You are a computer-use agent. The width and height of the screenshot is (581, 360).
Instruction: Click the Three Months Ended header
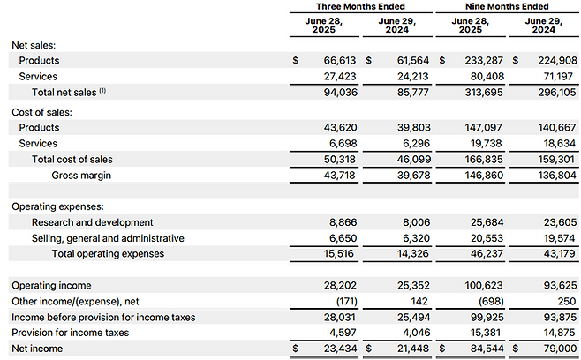coord(360,6)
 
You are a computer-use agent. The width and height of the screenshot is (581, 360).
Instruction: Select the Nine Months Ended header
coord(507,6)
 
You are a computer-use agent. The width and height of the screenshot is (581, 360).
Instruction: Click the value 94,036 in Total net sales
coord(341,93)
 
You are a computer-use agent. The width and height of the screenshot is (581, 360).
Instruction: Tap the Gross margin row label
coord(81,176)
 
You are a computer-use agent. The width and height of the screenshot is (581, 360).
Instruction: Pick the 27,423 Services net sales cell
coord(340,76)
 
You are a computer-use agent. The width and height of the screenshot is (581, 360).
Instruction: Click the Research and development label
coord(92,222)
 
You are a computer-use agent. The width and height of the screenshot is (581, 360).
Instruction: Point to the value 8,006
coord(417,222)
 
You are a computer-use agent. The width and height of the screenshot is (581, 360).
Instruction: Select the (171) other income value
coord(347,302)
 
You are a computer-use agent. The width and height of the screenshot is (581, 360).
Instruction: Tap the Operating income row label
coord(51,286)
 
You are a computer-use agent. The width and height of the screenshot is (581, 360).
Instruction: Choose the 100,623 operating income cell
coord(484,286)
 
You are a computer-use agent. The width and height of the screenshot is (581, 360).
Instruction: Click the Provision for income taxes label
coord(71,333)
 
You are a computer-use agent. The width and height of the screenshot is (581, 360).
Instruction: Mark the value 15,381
coord(486,333)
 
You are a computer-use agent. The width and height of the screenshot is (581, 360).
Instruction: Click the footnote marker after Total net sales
coord(102,90)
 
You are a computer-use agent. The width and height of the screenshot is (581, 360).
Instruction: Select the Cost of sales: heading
coord(41,112)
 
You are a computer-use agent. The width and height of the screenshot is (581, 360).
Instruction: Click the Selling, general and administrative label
coord(108,238)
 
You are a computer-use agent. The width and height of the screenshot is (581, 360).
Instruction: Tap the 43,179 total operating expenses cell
coord(560,254)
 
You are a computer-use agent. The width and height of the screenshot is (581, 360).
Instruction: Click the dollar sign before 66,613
coord(295,60)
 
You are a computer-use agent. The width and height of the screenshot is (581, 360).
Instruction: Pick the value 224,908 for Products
coord(558,60)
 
